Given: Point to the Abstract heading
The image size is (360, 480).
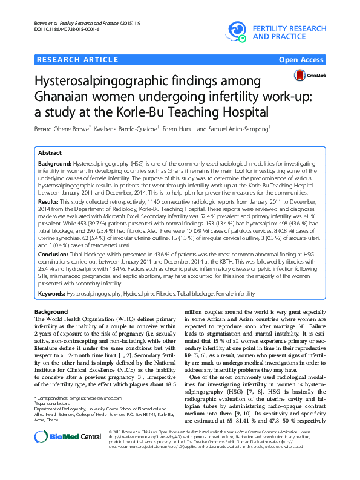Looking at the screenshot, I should point(51,154).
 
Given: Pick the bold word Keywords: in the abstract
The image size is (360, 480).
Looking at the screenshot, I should point(52,293).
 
